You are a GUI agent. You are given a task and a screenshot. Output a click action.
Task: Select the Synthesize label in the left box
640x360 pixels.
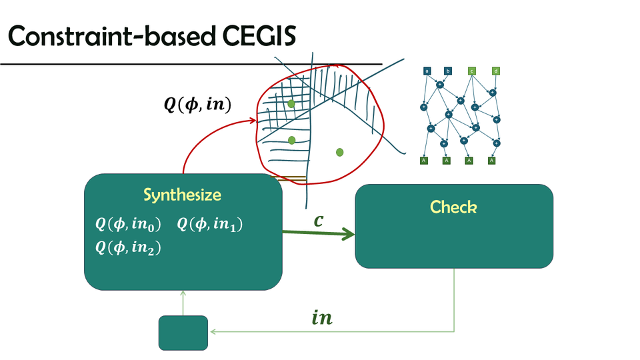pyautogui.click(x=182, y=195)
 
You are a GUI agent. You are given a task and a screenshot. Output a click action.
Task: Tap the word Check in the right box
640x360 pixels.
pyautogui.click(x=453, y=207)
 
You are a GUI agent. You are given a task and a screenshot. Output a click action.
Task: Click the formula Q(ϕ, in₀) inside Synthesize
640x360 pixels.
pyautogui.click(x=128, y=225)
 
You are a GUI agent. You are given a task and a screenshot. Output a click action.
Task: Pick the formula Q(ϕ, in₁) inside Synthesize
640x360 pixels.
pyautogui.click(x=209, y=225)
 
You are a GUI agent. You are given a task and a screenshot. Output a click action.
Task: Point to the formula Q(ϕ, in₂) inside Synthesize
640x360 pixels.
pyautogui.click(x=128, y=248)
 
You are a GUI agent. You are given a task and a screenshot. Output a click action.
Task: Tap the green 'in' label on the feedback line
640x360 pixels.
pyautogui.click(x=322, y=318)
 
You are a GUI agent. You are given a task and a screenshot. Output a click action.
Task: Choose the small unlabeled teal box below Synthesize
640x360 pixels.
pyautogui.click(x=183, y=333)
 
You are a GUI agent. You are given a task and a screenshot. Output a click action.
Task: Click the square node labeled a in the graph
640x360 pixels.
pyautogui.click(x=426, y=71)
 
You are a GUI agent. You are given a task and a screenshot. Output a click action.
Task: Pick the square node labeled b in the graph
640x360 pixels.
pyautogui.click(x=448, y=71)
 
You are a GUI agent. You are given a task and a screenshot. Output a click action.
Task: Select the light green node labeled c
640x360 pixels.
pyautogui.click(x=472, y=71)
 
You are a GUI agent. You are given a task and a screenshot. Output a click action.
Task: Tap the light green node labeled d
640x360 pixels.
pyautogui.click(x=496, y=71)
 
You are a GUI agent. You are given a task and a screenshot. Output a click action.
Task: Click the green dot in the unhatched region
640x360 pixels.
pyautogui.click(x=339, y=153)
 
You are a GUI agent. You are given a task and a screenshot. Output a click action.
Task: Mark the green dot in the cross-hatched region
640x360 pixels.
pyautogui.click(x=291, y=105)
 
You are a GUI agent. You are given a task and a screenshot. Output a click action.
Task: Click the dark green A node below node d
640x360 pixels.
pyautogui.click(x=491, y=160)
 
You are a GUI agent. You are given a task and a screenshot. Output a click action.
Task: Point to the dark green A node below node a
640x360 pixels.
pyautogui.click(x=423, y=160)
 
